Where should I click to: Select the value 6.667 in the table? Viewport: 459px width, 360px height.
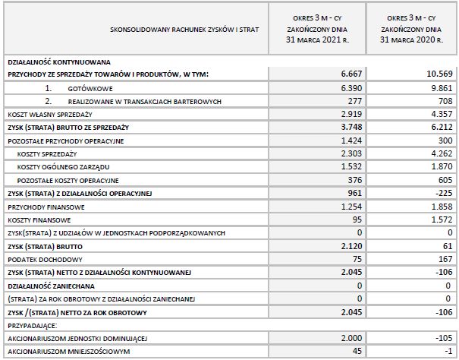(343, 74)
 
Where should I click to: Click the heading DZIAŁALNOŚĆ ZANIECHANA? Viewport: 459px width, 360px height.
(51, 286)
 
